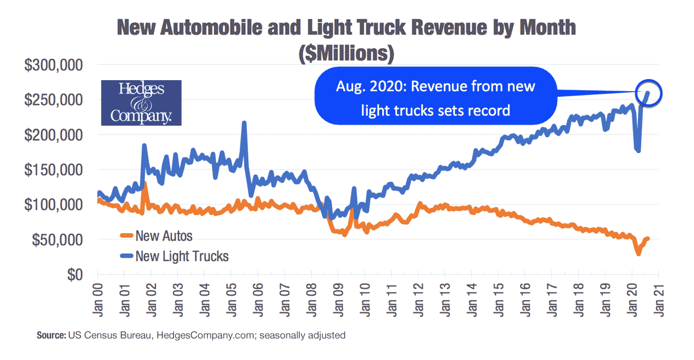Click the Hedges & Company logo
pyautogui.click(x=141, y=103)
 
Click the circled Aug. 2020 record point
pyautogui.click(x=648, y=93)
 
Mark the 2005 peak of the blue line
pyautogui.click(x=244, y=123)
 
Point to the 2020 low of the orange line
pyautogui.click(x=639, y=254)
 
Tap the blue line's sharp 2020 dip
pyautogui.click(x=638, y=150)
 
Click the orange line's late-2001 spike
pyautogui.click(x=144, y=184)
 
